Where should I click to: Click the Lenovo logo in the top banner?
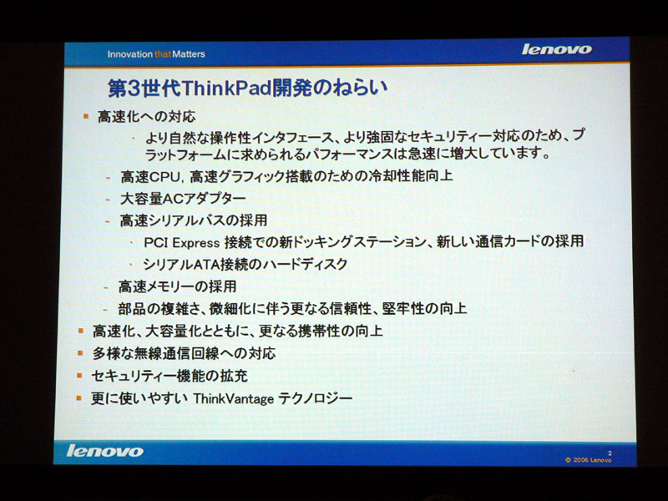(557, 49)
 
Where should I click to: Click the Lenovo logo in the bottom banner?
(105, 451)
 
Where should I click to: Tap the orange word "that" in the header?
(163, 54)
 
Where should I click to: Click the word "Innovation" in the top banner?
(130, 54)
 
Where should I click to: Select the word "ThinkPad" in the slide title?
(226, 89)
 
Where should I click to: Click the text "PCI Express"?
(181, 243)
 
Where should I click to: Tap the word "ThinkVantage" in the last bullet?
(234, 399)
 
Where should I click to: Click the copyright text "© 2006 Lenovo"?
(589, 460)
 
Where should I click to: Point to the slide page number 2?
(610, 453)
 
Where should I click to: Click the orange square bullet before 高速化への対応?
(86, 116)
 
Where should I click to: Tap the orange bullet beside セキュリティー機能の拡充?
(79, 375)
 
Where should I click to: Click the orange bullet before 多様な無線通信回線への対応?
(80, 352)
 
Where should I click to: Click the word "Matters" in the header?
(189, 54)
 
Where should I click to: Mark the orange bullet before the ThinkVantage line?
(78, 398)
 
